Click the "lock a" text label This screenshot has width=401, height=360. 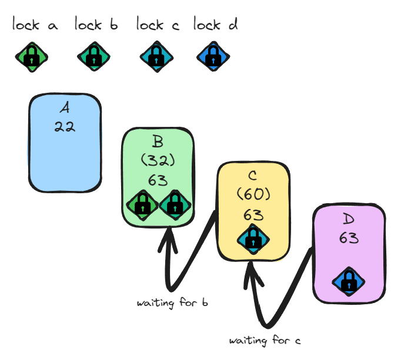click(x=35, y=25)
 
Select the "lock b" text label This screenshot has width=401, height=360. click(x=96, y=25)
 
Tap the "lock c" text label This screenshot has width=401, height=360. click(x=158, y=25)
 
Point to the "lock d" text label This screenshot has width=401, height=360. click(x=215, y=25)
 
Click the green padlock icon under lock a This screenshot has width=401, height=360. click(x=32, y=57)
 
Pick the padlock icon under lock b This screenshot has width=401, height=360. click(x=93, y=57)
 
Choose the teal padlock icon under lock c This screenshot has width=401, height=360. click(x=156, y=57)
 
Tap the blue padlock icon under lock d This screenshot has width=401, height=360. click(x=213, y=57)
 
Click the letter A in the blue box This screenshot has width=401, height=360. click(x=65, y=108)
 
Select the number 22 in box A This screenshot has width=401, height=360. click(x=65, y=126)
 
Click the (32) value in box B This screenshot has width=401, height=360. click(x=158, y=160)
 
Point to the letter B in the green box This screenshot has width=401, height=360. click(x=158, y=142)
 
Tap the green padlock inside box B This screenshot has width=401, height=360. click(x=143, y=204)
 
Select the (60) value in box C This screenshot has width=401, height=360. click(x=253, y=194)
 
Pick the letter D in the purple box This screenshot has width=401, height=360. click(x=348, y=220)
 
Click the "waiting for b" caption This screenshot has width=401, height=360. click(x=172, y=303)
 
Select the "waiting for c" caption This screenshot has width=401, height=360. click(x=265, y=341)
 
